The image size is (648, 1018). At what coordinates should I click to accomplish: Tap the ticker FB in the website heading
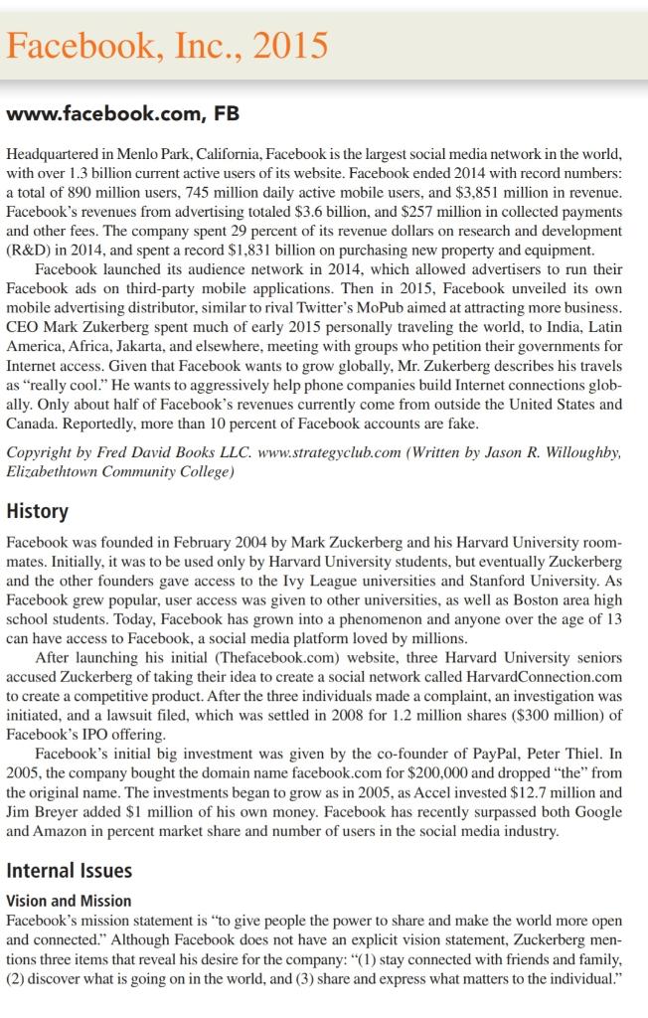click(x=227, y=114)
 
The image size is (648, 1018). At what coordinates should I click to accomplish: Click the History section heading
click(x=37, y=511)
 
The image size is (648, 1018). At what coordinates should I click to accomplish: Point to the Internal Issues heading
click(x=69, y=871)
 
